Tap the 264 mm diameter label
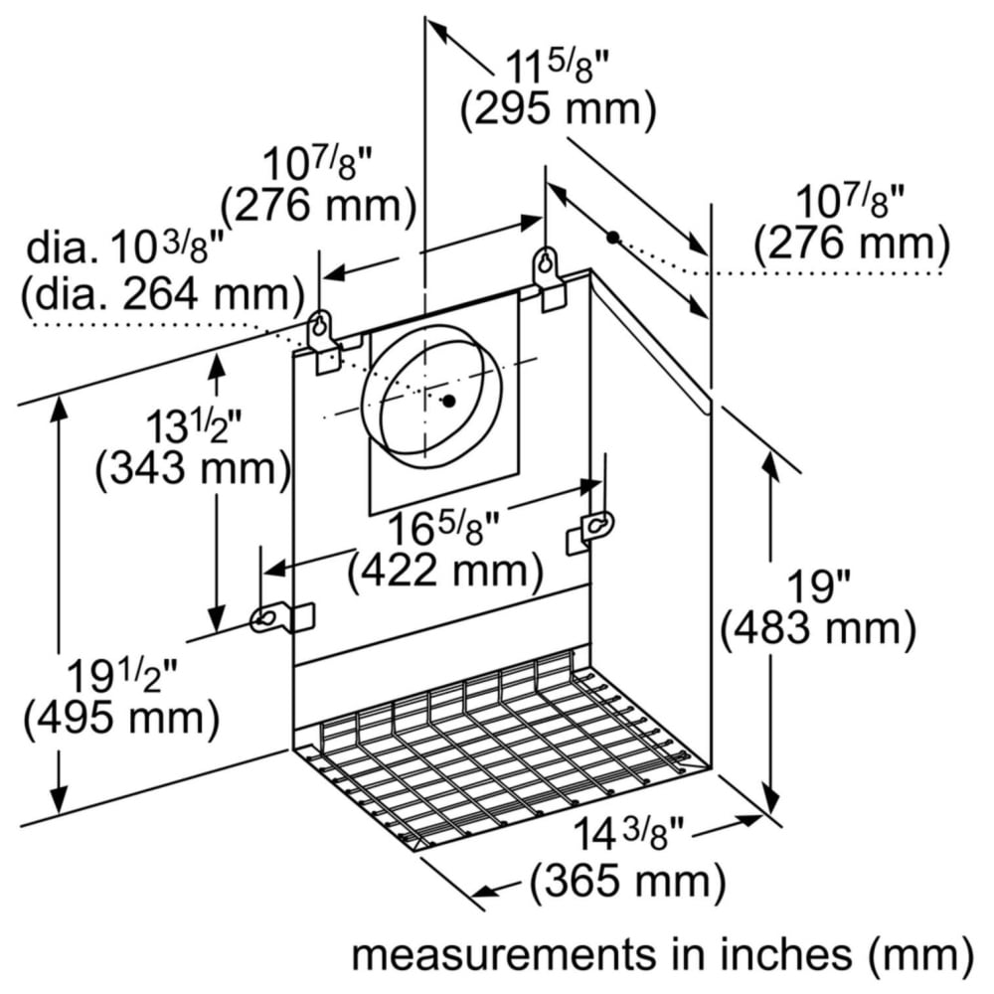[163, 295]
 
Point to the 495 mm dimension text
[121, 719]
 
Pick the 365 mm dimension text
[627, 881]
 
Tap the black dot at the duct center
[449, 401]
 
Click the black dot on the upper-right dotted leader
[612, 238]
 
